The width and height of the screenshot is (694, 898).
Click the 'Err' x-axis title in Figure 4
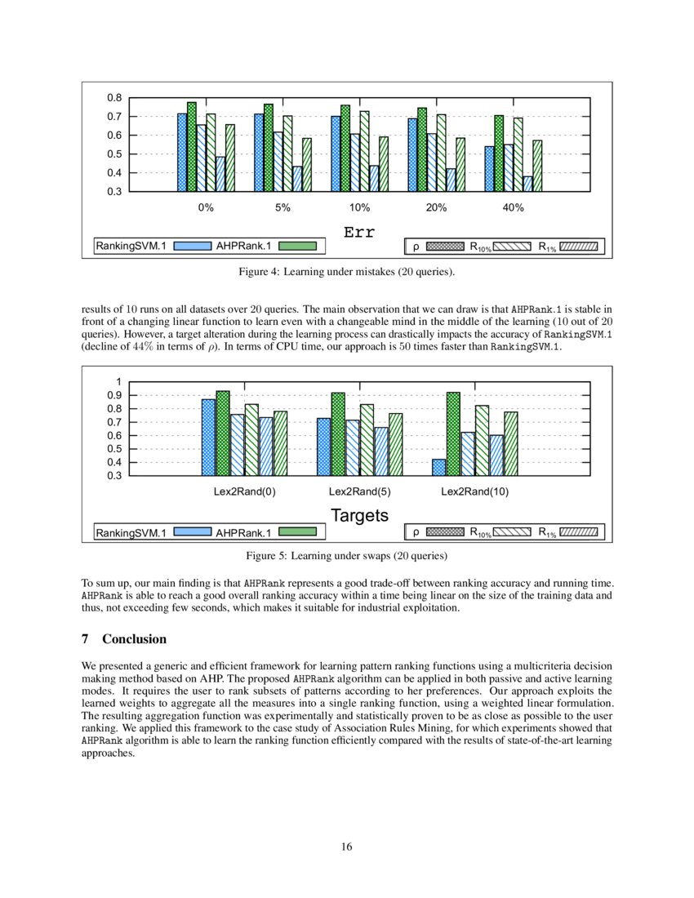point(359,233)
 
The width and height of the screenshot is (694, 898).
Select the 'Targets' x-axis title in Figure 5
point(359,515)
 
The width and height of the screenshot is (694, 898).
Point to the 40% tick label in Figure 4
point(513,208)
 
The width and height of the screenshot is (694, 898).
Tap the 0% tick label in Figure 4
point(206,208)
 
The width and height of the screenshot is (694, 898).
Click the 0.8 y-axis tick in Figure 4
point(114,98)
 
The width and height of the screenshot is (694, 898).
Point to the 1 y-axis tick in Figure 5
point(118,382)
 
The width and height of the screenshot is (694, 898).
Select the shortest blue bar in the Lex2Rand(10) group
point(439,468)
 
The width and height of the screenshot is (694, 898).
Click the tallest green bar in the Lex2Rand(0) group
point(223,433)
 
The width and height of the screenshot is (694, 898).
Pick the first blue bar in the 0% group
point(182,153)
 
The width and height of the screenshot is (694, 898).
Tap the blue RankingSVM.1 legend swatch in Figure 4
point(193,246)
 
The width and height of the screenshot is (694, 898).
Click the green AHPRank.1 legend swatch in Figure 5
point(297,533)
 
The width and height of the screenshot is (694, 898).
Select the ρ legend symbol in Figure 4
point(445,246)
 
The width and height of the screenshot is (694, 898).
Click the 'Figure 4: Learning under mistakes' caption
point(347,271)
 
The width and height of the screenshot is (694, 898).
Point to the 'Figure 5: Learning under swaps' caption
point(347,556)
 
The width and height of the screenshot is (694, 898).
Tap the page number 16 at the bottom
point(347,847)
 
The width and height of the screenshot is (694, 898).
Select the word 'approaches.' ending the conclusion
point(108,753)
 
